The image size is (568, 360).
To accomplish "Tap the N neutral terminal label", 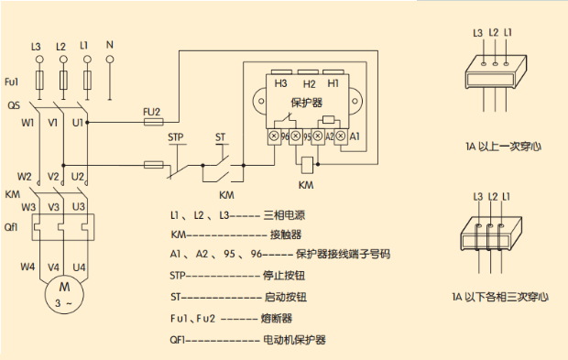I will (x=110, y=44).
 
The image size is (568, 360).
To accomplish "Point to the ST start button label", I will (x=220, y=137).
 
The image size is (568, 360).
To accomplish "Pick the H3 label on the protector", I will (x=280, y=84).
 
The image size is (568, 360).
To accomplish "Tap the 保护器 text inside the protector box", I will (x=306, y=104).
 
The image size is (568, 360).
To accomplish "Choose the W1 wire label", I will (x=27, y=121).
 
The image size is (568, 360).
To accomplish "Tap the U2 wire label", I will (x=78, y=176).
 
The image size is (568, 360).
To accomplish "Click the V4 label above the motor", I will (x=53, y=267).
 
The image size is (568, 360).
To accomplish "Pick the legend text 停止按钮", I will (x=285, y=273).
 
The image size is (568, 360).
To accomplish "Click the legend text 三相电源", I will (x=285, y=214).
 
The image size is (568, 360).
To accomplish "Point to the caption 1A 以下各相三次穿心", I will (x=499, y=297).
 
